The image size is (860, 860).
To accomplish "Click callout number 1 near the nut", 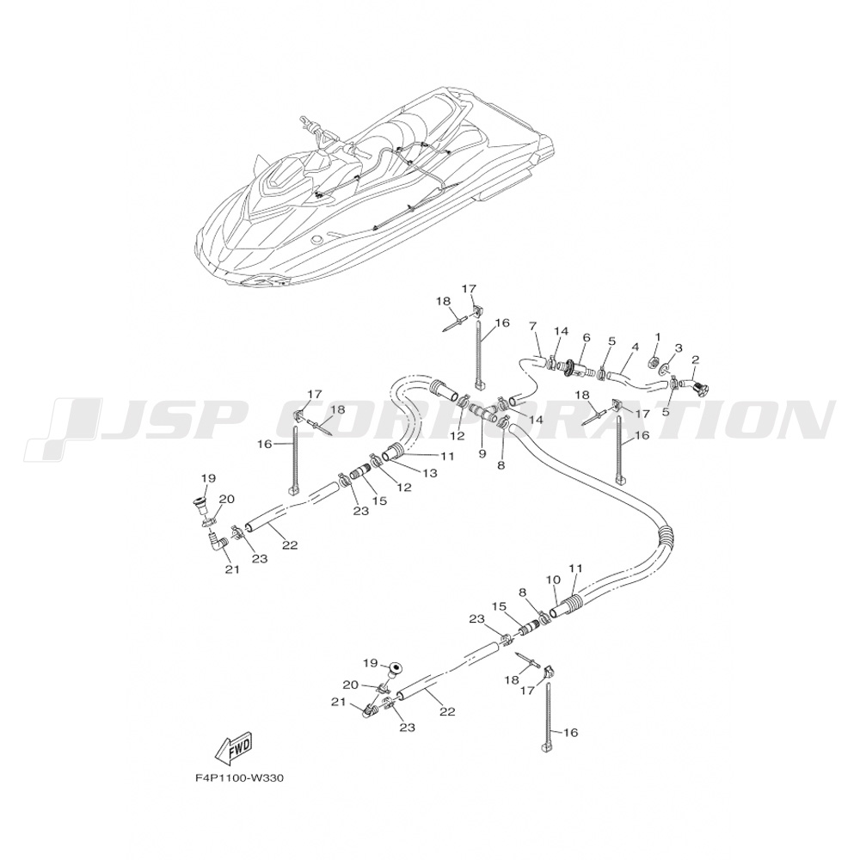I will [658, 337].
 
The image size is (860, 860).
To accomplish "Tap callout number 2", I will [695, 359].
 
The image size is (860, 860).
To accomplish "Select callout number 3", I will [678, 347].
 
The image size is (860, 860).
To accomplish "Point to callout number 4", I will [635, 347].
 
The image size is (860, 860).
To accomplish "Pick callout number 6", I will [587, 338].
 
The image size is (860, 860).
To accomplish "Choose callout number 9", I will [482, 452].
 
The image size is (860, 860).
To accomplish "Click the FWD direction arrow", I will [232, 751].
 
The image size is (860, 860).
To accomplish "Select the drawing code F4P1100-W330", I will [239, 778].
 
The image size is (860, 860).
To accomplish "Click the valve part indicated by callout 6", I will [576, 371].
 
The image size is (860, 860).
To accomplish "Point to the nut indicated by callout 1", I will [654, 361].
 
